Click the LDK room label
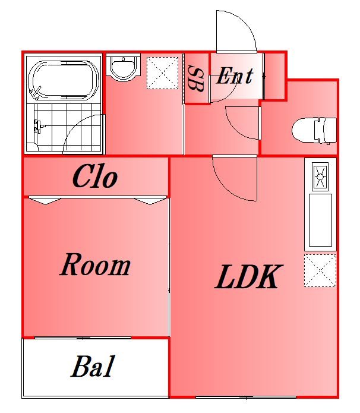(248, 277)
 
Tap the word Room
(95, 264)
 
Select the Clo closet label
(95, 176)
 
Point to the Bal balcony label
(93, 366)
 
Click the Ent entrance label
(235, 76)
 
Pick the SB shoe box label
(196, 79)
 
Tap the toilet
(314, 130)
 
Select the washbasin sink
(123, 68)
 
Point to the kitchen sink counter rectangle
(320, 220)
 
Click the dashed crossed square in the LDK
(320, 270)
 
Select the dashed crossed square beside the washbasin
(162, 73)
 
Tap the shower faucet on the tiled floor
(37, 126)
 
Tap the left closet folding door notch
(45, 201)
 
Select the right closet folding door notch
(150, 201)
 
